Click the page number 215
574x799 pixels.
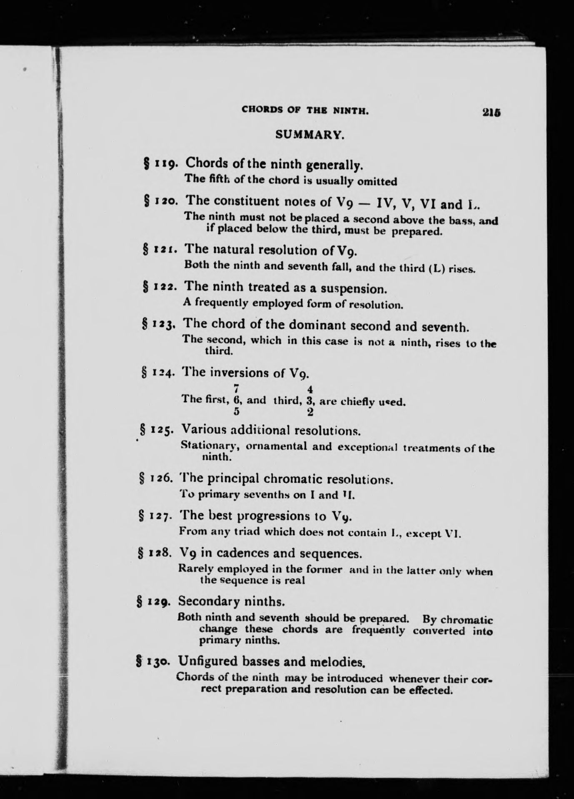tap(491, 112)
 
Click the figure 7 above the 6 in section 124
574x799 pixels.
tap(236, 389)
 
